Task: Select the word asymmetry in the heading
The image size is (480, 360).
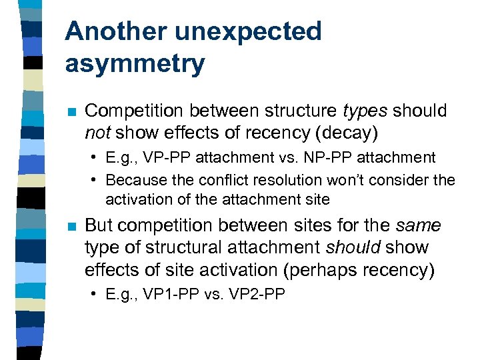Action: [135, 64]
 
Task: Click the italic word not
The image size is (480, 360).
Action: [97, 133]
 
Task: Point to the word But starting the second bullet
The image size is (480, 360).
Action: [99, 225]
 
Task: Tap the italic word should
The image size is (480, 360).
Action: [353, 247]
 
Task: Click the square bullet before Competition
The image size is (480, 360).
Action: [69, 111]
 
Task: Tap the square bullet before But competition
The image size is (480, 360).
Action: [69, 226]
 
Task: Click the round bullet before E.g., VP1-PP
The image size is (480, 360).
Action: [97, 294]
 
